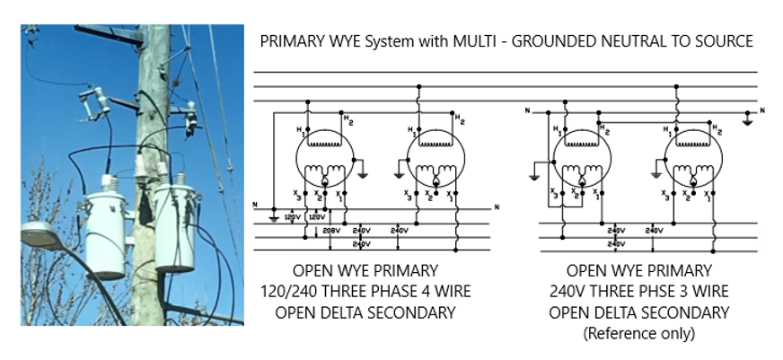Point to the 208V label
click(x=330, y=230)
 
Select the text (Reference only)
click(x=639, y=332)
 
